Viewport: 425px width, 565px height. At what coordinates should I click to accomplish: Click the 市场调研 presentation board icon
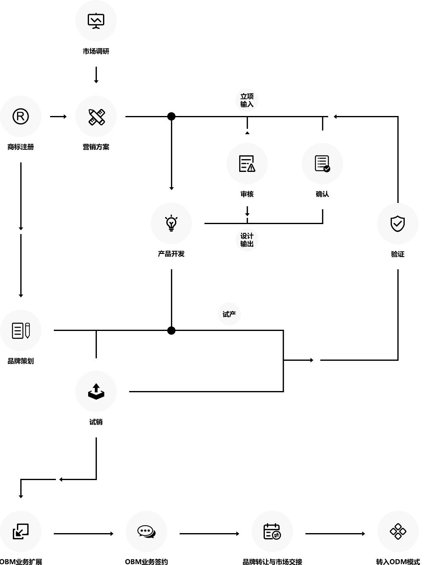click(x=96, y=21)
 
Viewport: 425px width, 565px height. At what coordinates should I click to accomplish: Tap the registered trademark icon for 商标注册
click(x=21, y=116)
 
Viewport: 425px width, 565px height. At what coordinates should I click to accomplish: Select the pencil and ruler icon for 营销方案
click(x=96, y=117)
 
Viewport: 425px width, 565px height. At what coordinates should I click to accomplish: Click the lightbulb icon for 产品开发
click(x=171, y=223)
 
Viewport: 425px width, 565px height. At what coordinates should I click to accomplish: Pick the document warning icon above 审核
click(x=247, y=164)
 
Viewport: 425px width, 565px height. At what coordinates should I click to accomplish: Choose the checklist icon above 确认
click(x=322, y=164)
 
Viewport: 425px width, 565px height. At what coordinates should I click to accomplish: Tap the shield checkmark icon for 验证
click(x=398, y=224)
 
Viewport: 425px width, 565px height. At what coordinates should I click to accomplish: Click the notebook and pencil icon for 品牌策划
click(x=21, y=331)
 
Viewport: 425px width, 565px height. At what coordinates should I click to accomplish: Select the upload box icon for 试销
click(x=96, y=391)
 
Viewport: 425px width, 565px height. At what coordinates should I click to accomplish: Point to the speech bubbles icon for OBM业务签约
click(x=146, y=531)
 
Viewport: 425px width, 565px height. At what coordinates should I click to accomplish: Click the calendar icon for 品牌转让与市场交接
click(x=272, y=531)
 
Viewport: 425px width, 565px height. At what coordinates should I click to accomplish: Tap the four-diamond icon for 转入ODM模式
click(x=398, y=531)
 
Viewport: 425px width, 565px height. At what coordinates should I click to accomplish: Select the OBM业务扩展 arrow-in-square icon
click(x=21, y=531)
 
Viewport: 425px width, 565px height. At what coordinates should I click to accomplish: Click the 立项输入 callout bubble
click(x=247, y=100)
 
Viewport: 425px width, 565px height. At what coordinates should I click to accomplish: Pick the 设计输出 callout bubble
click(x=247, y=240)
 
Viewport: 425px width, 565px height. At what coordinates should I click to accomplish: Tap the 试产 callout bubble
click(x=229, y=314)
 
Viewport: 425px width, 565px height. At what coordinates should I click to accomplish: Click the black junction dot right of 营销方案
click(x=171, y=117)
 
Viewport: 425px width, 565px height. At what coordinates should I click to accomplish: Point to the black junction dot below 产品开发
click(x=171, y=331)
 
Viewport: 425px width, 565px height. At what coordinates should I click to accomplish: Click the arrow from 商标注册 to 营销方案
click(x=58, y=117)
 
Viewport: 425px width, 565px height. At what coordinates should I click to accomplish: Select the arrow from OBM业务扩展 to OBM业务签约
click(x=84, y=534)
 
